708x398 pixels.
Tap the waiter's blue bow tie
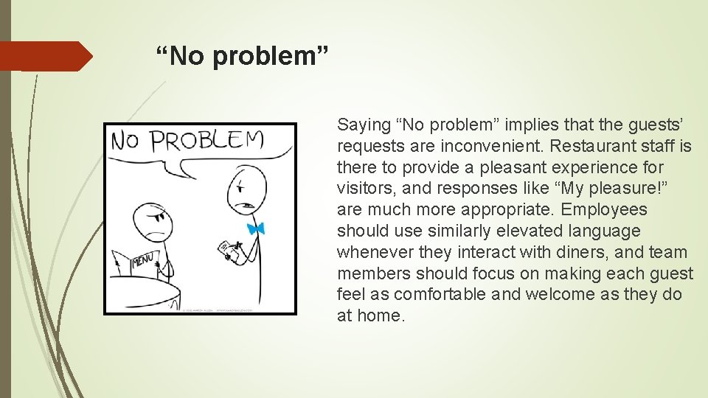(x=256, y=228)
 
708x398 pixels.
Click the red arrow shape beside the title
(x=46, y=56)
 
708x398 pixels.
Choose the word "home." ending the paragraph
(x=381, y=316)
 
